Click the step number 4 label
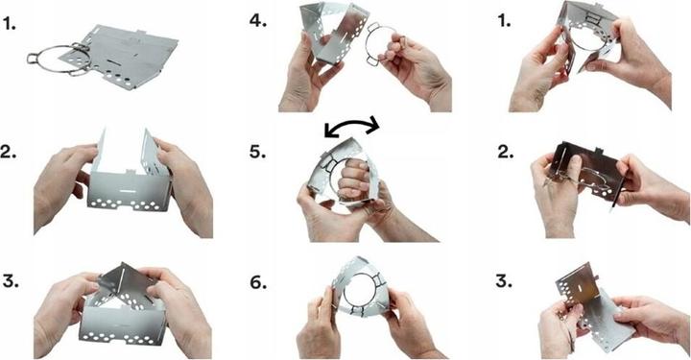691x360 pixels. click(x=258, y=21)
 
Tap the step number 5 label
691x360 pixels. click(x=257, y=152)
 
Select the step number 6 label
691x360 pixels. click(x=258, y=283)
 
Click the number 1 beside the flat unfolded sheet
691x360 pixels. click(x=9, y=24)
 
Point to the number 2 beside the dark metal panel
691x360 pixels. click(x=504, y=152)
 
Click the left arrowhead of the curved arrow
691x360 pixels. click(x=329, y=132)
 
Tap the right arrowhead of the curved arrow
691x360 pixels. click(x=372, y=124)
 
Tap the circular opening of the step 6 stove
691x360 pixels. click(x=359, y=290)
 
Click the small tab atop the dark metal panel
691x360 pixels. click(x=599, y=151)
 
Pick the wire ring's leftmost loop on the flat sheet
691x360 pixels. click(x=33, y=59)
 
